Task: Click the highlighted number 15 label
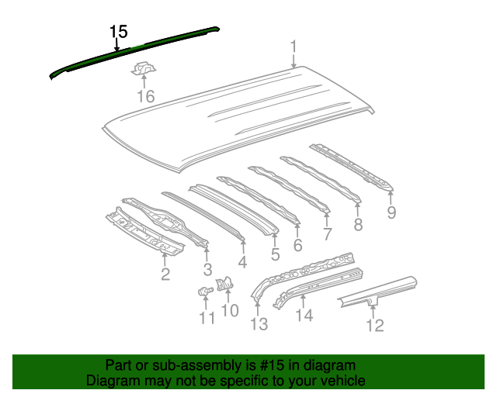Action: click(x=119, y=32)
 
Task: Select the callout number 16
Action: click(x=146, y=96)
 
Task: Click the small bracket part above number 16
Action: click(x=144, y=68)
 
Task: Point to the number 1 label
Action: click(x=294, y=47)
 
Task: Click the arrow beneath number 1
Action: click(x=294, y=60)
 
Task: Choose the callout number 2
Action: click(x=165, y=274)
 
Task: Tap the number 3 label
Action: click(x=207, y=269)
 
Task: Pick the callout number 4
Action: click(x=242, y=262)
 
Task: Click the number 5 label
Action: click(x=275, y=254)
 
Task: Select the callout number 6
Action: click(x=297, y=245)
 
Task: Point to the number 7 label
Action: click(x=327, y=234)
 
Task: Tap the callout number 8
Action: click(x=358, y=224)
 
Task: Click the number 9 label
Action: click(x=391, y=212)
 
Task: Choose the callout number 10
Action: click(x=230, y=310)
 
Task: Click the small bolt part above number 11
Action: click(x=205, y=291)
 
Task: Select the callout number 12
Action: click(x=375, y=325)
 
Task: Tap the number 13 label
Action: click(x=259, y=324)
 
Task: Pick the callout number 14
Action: click(x=304, y=315)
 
